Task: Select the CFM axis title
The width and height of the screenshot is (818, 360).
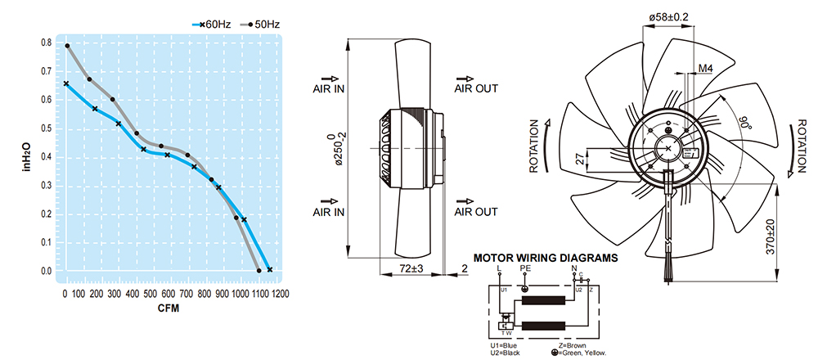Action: coord(167,309)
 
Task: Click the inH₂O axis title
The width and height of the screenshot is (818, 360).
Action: coord(25,156)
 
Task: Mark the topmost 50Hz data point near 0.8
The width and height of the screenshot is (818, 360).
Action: coord(67,46)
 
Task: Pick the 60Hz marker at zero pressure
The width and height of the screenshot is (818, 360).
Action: coord(269,269)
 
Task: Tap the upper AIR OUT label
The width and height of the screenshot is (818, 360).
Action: coord(476,88)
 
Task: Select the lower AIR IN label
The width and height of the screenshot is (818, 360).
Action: coord(329,212)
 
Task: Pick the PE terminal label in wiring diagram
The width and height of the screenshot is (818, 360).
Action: coord(525,268)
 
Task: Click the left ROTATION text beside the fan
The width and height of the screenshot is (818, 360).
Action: coord(535,148)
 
